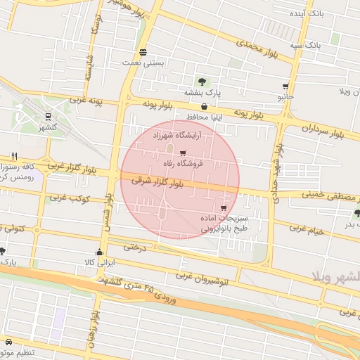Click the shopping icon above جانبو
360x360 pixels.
click(285, 86)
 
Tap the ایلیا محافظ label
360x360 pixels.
click(205, 117)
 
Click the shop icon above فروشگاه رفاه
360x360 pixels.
click(184, 153)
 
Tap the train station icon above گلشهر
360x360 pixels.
click(47, 117)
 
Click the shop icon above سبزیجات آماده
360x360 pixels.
click(224, 208)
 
